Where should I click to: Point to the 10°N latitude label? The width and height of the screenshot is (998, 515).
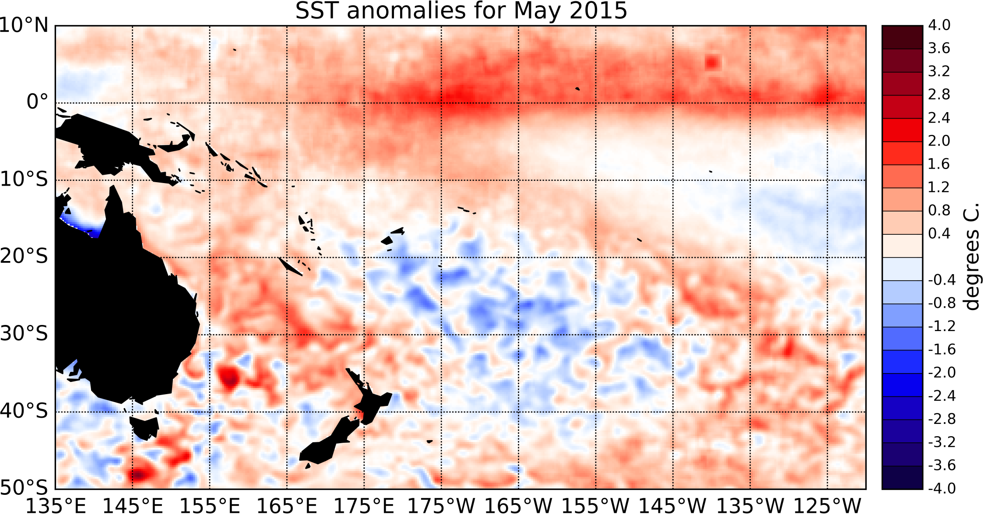pos(24,25)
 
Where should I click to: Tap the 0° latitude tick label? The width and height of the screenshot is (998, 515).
pos(37,102)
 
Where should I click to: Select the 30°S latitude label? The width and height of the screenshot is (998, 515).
pos(24,334)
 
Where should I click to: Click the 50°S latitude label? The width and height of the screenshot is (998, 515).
pos(24,487)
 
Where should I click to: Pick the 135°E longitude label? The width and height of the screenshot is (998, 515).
pos(56,506)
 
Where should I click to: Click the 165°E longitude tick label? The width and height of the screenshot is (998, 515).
pos(287,506)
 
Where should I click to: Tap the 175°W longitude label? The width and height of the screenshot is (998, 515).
pos(441,506)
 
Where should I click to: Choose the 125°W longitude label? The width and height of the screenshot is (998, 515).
pos(827,506)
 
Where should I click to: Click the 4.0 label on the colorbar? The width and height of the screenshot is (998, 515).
pos(939,25)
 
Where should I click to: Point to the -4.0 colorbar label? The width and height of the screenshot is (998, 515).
pos(942,488)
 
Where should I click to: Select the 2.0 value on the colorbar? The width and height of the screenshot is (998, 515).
pos(939,141)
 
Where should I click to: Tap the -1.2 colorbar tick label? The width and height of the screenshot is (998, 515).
pos(942,326)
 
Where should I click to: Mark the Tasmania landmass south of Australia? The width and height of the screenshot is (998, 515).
pos(144,427)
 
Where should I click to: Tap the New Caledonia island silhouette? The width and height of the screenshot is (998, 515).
pos(290,266)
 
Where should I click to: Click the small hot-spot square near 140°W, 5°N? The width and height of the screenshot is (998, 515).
pos(712,63)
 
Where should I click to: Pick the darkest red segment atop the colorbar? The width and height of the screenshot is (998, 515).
pos(902,37)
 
